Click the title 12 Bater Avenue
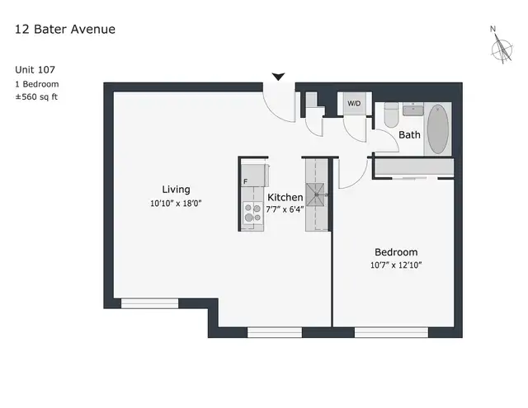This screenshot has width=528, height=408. [65, 30]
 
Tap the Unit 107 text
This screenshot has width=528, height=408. [36, 70]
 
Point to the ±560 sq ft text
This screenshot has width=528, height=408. [36, 97]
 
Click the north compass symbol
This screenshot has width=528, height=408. [500, 48]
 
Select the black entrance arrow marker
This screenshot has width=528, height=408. [279, 77]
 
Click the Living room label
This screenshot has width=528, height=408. [176, 190]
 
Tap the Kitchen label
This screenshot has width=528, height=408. [285, 197]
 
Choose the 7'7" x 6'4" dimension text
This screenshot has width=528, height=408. [285, 209]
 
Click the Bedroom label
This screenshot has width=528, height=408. [396, 252]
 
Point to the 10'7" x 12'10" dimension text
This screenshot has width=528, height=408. [396, 265]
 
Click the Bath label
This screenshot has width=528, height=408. [409, 134]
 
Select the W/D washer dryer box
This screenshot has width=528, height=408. [354, 104]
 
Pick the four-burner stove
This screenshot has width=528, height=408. [252, 213]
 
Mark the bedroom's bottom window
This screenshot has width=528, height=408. [390, 331]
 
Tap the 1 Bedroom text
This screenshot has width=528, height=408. [36, 84]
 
